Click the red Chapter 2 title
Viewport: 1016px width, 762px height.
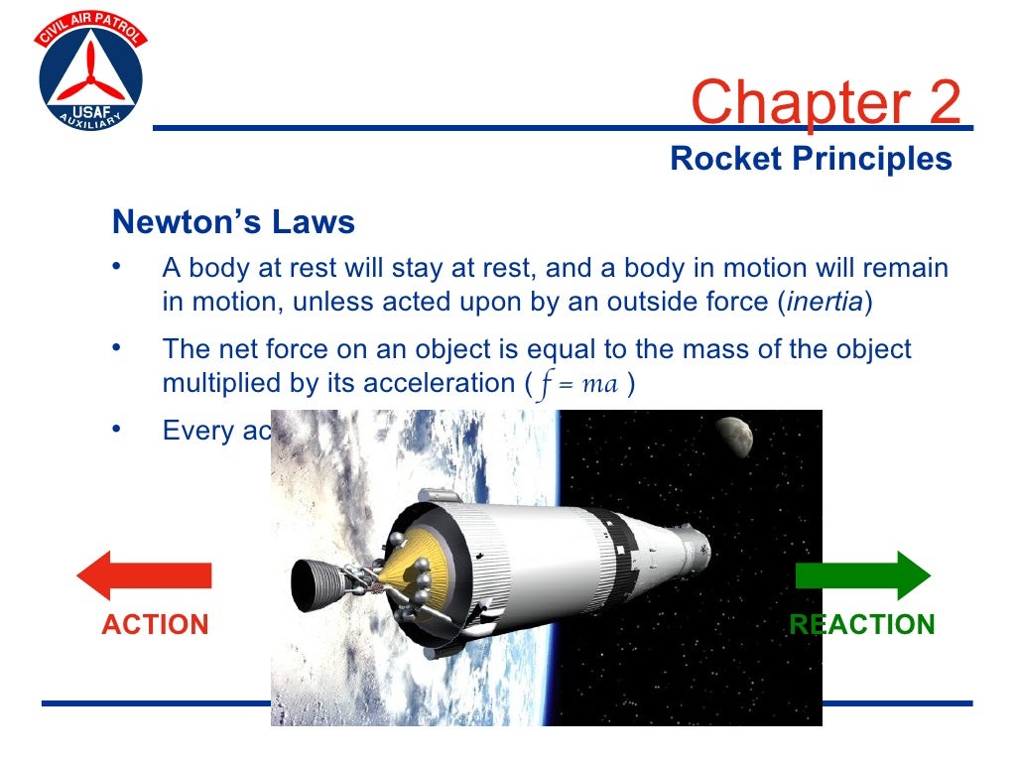click(825, 102)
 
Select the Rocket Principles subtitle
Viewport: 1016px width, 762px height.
click(811, 159)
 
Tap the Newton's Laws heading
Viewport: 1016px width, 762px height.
click(233, 221)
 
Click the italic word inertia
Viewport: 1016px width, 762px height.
click(825, 304)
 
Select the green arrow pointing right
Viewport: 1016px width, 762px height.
click(863, 575)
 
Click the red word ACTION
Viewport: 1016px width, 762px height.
click(155, 625)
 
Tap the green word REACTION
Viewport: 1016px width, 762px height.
click(862, 625)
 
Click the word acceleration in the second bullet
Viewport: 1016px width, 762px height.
click(438, 384)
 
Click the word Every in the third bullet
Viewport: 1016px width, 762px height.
click(196, 432)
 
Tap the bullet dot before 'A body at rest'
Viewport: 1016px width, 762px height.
click(116, 266)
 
